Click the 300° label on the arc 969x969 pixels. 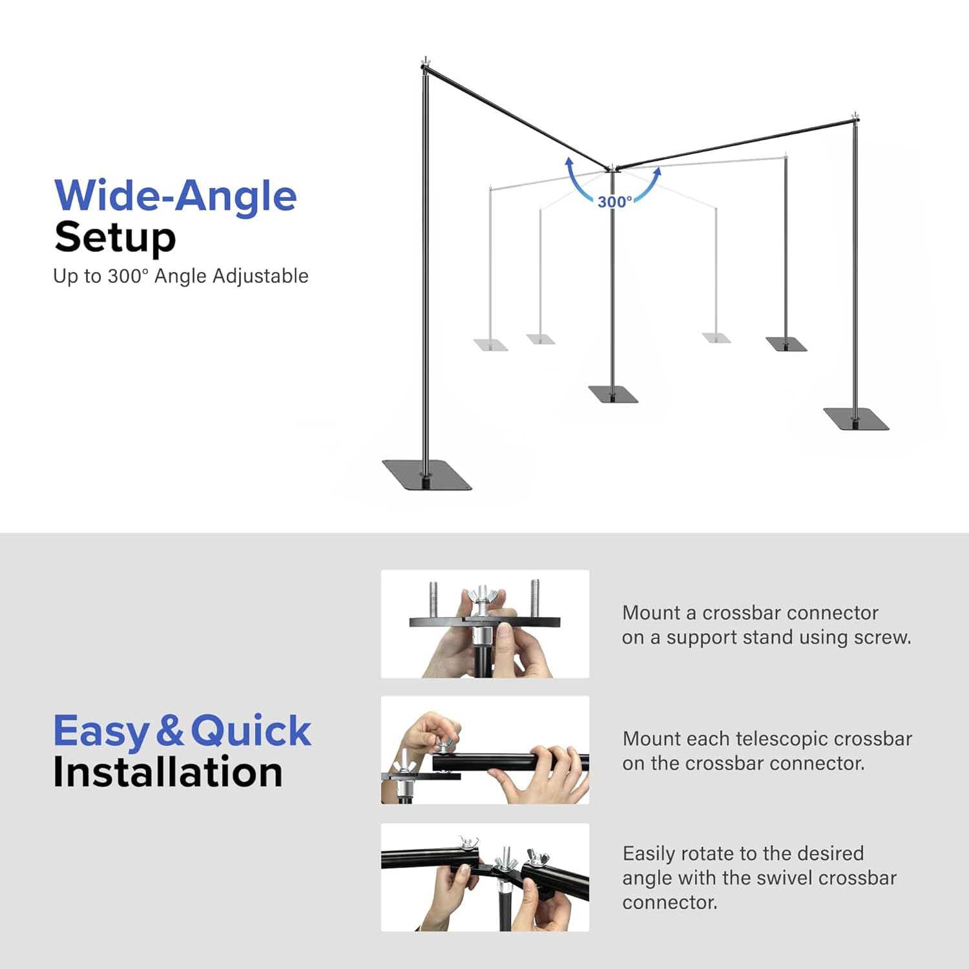pyautogui.click(x=615, y=202)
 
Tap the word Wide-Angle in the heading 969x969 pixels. pyautogui.click(x=176, y=195)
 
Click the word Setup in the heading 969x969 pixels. pyautogui.click(x=115, y=237)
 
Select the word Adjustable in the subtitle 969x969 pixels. pyautogui.click(x=260, y=276)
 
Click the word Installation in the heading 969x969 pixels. pyautogui.click(x=168, y=772)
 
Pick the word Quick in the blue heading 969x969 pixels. pyautogui.click(x=251, y=732)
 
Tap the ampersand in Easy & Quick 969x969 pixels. pyautogui.click(x=170, y=731)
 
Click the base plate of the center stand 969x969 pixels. pyautogui.click(x=613, y=394)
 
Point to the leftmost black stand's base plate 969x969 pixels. pyautogui.click(x=427, y=475)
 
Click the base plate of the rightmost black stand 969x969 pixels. pyautogui.click(x=856, y=419)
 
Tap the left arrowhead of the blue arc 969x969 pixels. pyautogui.click(x=568, y=162)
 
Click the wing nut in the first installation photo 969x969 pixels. pyautogui.click(x=482, y=597)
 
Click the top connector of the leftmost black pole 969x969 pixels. pyautogui.click(x=425, y=65)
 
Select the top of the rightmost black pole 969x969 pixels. pyautogui.click(x=855, y=118)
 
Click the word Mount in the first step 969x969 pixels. pyautogui.click(x=651, y=612)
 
